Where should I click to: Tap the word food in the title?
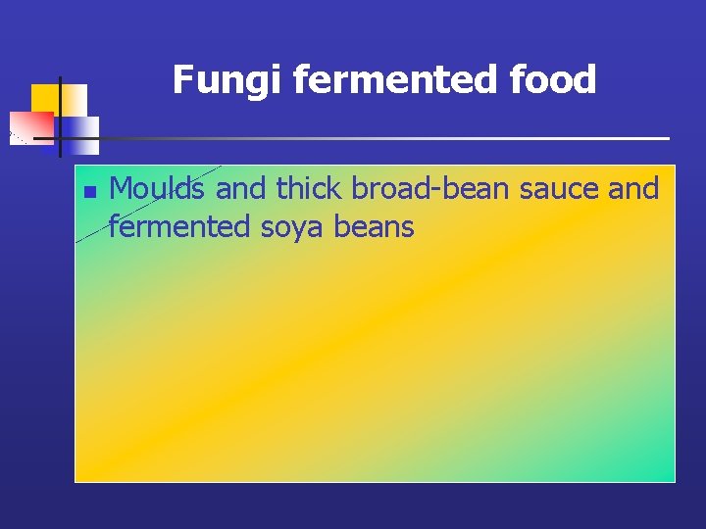pos(555,80)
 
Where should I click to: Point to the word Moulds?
pos(159,188)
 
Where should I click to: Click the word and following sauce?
pos(633,188)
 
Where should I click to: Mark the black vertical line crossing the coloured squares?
pos(60,116)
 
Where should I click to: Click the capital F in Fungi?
pos(183,80)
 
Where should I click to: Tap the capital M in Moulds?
pos(122,188)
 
